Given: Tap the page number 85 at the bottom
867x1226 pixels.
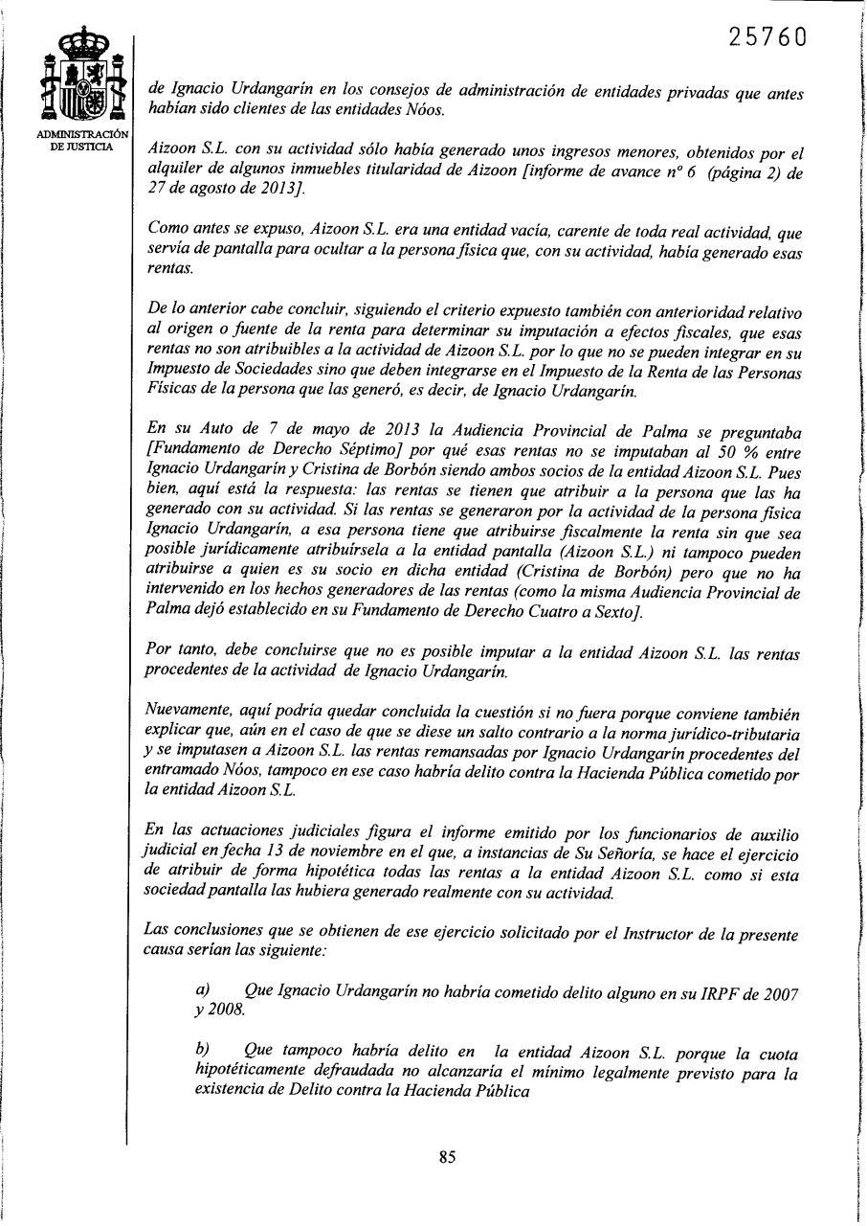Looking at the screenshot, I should pos(447,1156).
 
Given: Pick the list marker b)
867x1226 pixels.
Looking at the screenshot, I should pos(202,1050).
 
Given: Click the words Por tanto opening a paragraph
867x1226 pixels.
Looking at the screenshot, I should pos(172,652).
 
